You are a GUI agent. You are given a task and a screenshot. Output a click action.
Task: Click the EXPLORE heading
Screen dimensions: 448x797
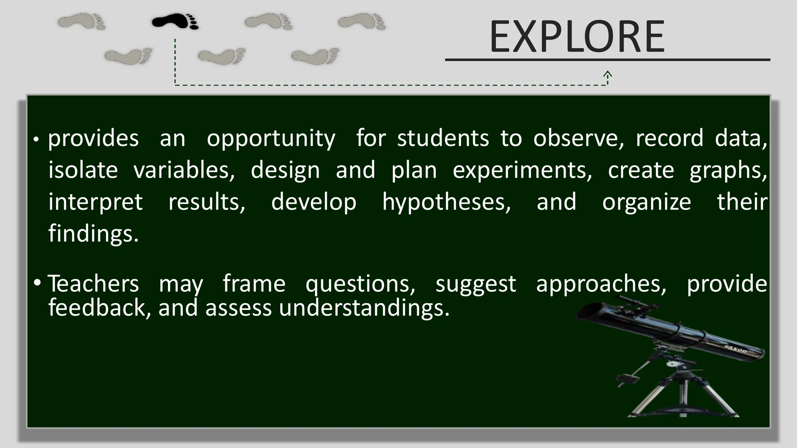577,37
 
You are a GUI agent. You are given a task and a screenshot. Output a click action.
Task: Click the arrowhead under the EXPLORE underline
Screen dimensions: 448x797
607,74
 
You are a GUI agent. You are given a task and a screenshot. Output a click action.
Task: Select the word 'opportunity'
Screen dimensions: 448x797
271,139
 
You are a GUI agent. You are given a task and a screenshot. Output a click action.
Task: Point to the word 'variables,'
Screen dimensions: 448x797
184,170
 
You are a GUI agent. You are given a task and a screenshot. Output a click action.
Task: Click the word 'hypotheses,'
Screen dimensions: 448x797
446,203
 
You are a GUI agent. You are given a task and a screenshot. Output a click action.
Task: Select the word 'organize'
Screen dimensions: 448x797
646,202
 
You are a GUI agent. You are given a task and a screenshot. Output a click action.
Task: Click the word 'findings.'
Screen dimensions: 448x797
93,234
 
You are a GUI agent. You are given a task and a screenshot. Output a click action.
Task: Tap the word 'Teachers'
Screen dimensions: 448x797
93,283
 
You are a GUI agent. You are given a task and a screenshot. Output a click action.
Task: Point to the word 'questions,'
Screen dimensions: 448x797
360,284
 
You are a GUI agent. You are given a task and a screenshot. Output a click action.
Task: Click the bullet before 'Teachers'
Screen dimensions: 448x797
37,283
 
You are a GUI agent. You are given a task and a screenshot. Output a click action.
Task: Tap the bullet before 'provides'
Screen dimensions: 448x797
35,140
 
